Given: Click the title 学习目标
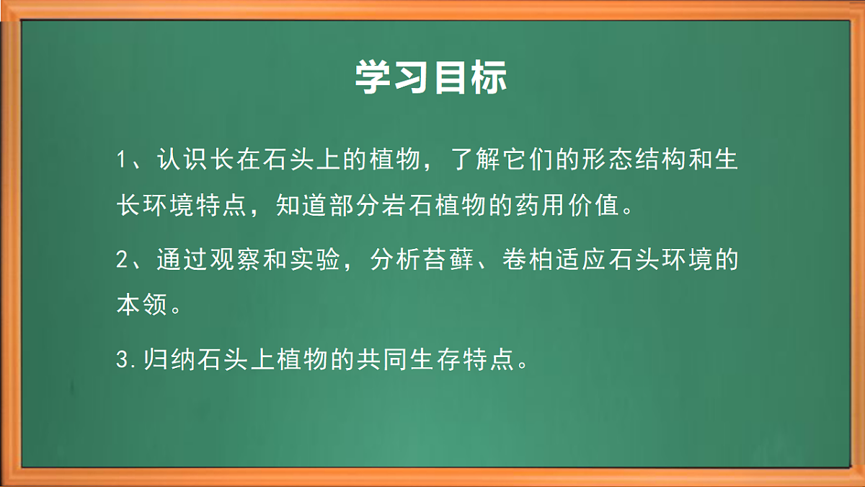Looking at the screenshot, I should pyautogui.click(x=431, y=77).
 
